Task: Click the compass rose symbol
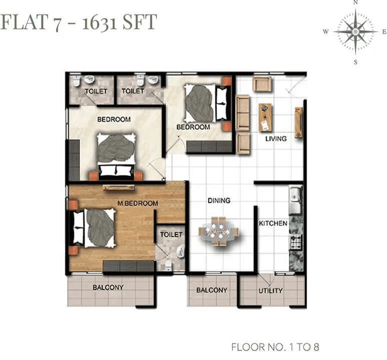(355, 31)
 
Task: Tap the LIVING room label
(276, 138)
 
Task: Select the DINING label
(219, 200)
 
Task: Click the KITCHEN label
(273, 223)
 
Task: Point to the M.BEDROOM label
(137, 203)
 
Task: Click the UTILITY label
(270, 290)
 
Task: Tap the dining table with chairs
(218, 231)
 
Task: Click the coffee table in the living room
(265, 117)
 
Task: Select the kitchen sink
(295, 200)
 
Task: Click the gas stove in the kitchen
(296, 241)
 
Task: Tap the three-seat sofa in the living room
(243, 112)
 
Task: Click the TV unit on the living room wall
(298, 122)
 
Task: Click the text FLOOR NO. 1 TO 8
(275, 347)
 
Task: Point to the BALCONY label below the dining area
(212, 290)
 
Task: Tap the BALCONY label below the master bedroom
(108, 287)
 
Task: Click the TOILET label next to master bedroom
(171, 234)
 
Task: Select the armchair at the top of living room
(262, 84)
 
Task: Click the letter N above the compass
(355, 2)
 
